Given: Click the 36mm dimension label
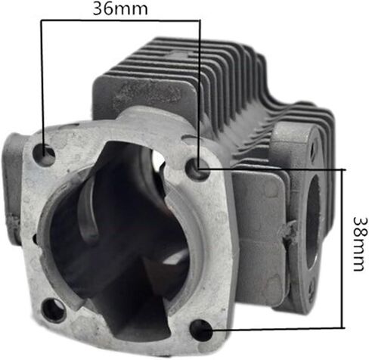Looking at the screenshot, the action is [x=120, y=8].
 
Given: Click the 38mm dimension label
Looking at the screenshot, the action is [x=358, y=244].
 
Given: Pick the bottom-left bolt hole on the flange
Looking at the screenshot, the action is [x=54, y=311].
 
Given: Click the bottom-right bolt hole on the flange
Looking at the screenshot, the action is [x=201, y=330].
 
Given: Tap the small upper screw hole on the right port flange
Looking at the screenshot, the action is [x=313, y=150].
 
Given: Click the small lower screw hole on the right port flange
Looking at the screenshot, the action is [x=312, y=288].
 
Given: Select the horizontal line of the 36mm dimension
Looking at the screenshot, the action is [x=120, y=20].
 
